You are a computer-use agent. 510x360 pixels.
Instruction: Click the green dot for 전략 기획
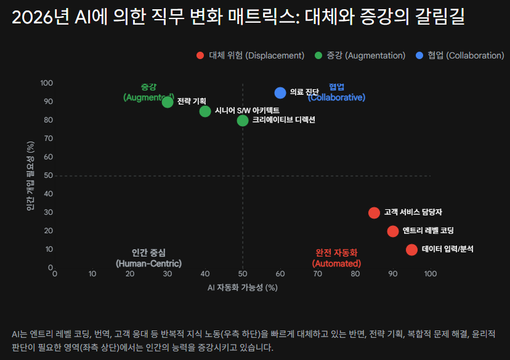coord(168,102)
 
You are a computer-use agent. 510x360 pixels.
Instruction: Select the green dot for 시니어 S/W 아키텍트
coord(205,111)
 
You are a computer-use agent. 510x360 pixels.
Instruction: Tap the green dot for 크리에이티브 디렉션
coord(243,120)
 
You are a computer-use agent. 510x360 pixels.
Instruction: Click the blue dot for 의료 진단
coord(280,92)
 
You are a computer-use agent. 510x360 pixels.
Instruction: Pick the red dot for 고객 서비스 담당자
coord(374,212)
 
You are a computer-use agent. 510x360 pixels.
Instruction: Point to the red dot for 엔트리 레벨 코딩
coord(393,231)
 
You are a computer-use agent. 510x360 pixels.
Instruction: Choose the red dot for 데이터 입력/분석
coord(411,249)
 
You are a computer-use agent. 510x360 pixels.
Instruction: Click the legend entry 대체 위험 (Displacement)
coord(250,55)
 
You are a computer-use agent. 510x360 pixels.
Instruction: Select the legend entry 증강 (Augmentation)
coord(360,55)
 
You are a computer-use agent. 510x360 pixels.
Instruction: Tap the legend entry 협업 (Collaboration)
coord(460,55)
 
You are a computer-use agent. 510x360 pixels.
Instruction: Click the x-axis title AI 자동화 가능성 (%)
coord(243,287)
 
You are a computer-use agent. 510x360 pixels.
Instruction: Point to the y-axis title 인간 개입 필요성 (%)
coord(30,175)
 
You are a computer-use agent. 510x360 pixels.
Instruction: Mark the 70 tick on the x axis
coord(318,273)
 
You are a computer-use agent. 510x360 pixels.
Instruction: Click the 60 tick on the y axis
coord(46,157)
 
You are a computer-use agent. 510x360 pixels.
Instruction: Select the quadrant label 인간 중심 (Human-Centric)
coord(148,258)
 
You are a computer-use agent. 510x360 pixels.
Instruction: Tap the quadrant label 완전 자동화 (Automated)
coord(336,258)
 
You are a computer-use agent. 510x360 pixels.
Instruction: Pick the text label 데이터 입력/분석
coord(448,249)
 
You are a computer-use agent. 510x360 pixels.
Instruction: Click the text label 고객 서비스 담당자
coord(413,212)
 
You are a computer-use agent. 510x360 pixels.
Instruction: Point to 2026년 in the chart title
coord(39,18)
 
